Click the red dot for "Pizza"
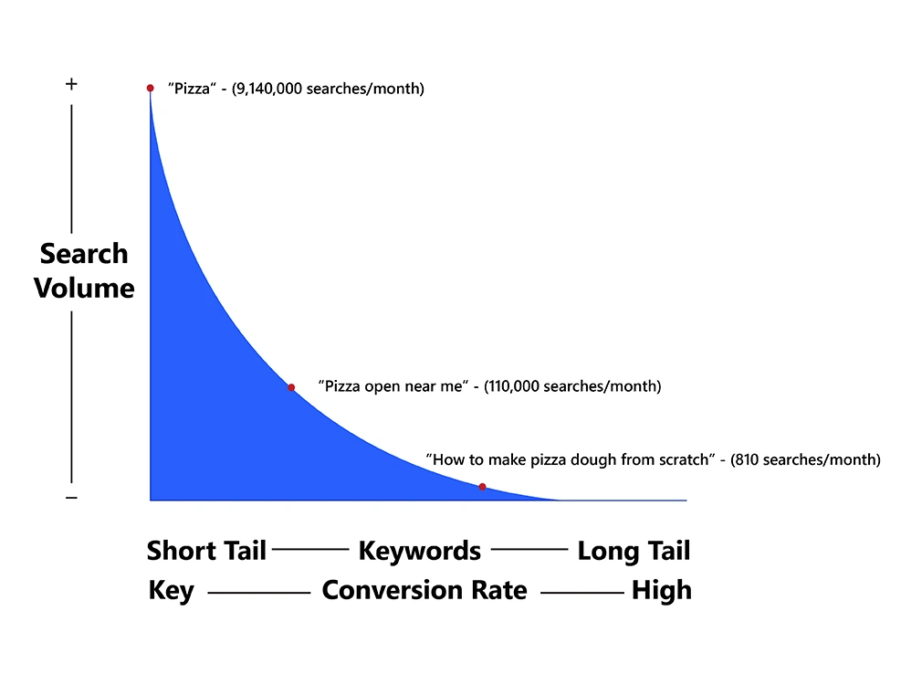pyautogui.click(x=151, y=89)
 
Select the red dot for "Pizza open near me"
pyautogui.click(x=291, y=387)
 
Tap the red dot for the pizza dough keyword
pyautogui.click(x=482, y=487)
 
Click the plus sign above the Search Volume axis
pyautogui.click(x=71, y=84)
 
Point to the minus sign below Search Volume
pyautogui.click(x=71, y=498)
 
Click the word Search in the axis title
pyautogui.click(x=84, y=254)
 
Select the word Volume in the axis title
pyautogui.click(x=84, y=288)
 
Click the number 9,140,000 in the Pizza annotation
pyautogui.click(x=268, y=89)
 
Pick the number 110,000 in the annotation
pyautogui.click(x=513, y=386)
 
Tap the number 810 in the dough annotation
pyautogui.click(x=747, y=459)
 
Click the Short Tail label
pyautogui.click(x=206, y=551)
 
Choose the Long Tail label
pyautogui.click(x=634, y=552)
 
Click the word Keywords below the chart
pyautogui.click(x=420, y=552)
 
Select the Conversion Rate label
pyautogui.click(x=424, y=590)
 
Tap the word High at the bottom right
pyautogui.click(x=662, y=591)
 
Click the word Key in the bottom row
pyautogui.click(x=171, y=591)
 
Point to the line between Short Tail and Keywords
pyautogui.click(x=310, y=550)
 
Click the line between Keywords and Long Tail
pyautogui.click(x=529, y=550)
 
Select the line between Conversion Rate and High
pyautogui.click(x=582, y=593)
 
